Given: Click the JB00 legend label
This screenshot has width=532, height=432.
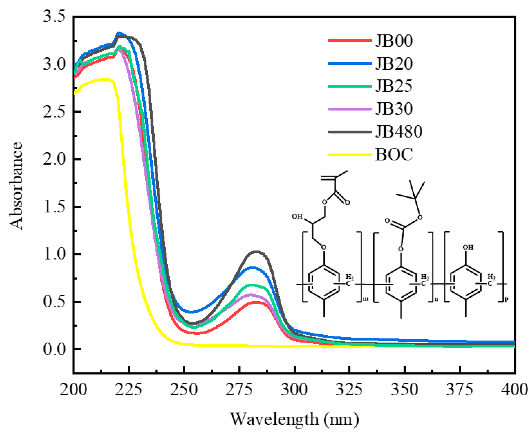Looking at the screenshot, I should (394, 41).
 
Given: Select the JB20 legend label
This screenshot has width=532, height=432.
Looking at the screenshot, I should (394, 64).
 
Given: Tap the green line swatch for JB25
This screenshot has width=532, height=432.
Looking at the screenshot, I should (350, 86).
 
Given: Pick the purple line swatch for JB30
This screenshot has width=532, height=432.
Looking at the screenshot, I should (350, 109).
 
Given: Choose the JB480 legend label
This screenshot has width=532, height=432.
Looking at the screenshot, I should (398, 132).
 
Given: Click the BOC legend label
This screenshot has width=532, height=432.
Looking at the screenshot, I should (394, 155).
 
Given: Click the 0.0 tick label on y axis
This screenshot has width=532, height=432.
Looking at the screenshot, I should (54, 349).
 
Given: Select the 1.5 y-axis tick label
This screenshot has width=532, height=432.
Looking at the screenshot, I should (54, 207).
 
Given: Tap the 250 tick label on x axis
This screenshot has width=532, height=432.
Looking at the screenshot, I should (184, 390).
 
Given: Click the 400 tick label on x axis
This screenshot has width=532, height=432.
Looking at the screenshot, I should (514, 390).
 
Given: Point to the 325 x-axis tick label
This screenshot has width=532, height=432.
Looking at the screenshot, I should (349, 390).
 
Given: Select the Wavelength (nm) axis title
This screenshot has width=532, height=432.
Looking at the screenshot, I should (295, 419).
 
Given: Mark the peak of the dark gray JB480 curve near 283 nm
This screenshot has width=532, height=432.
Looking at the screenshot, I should (256, 252).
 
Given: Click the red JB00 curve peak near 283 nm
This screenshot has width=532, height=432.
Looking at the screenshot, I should (256, 302).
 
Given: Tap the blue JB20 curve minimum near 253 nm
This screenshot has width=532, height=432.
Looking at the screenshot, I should (191, 312).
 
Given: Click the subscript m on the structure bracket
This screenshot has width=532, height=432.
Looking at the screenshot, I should (366, 299).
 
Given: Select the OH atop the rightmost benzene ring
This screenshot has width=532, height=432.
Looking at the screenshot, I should (468, 247).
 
